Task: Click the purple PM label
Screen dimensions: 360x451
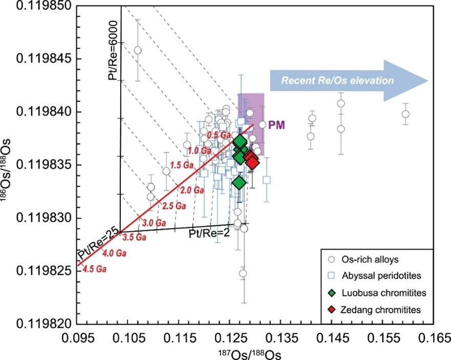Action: click(276, 124)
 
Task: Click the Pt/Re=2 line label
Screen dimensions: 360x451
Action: click(204, 235)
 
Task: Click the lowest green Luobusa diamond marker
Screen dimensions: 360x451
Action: click(239, 183)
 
